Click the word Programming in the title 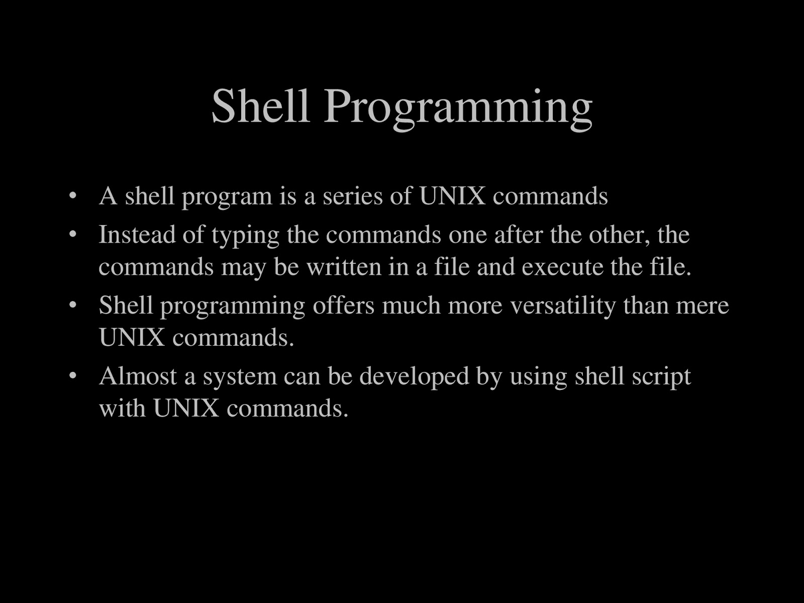(458, 108)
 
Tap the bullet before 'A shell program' (73, 195)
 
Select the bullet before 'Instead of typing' (73, 234)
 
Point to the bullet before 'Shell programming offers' (73, 305)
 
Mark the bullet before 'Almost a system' (73, 375)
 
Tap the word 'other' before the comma (616, 235)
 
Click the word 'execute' (562, 267)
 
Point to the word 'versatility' (563, 306)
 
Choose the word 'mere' (702, 306)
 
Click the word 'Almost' (138, 376)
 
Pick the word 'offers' (343, 306)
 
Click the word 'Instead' (137, 235)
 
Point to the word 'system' (240, 377)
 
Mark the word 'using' (538, 377)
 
